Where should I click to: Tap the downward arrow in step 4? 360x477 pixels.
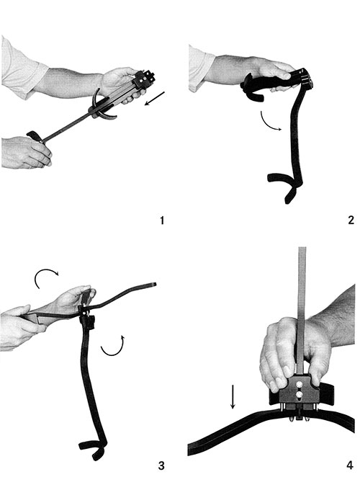(232, 398)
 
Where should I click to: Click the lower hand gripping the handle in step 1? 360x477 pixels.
(25, 152)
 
